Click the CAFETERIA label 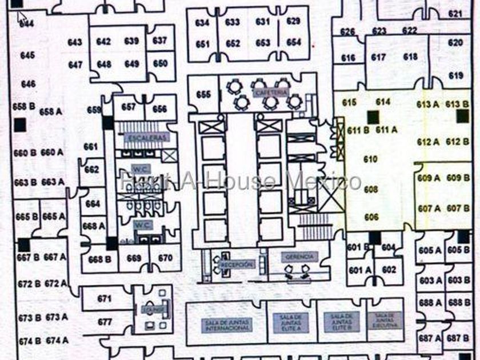pyautogui.click(x=270, y=93)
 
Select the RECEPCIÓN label pyautogui.click(x=237, y=264)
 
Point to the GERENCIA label pyautogui.click(x=298, y=258)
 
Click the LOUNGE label pyautogui.click(x=157, y=309)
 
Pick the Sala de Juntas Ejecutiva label pyautogui.click(x=385, y=320)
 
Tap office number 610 pyautogui.click(x=371, y=159)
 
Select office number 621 pyautogui.click(x=455, y=13)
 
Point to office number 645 pyautogui.click(x=27, y=55)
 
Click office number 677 pyautogui.click(x=105, y=322)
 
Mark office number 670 pyautogui.click(x=165, y=258)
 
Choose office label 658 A pyautogui.click(x=51, y=111)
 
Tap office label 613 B pyautogui.click(x=457, y=103)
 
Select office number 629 pyautogui.click(x=293, y=22)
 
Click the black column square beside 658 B pyautogui.click(x=20, y=125)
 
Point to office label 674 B pyautogui.click(x=29, y=341)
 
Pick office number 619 pyautogui.click(x=456, y=75)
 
